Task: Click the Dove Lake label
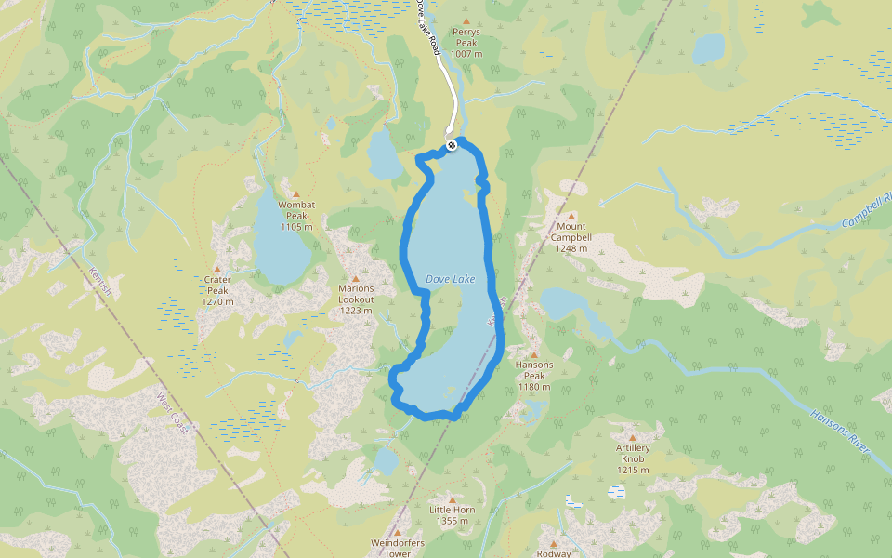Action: [450, 279]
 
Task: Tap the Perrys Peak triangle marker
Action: [466, 20]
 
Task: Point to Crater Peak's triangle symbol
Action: [217, 268]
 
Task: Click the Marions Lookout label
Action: [356, 294]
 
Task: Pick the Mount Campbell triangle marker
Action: [571, 216]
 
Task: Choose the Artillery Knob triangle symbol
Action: [633, 437]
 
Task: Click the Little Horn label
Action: [453, 510]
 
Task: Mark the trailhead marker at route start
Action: [451, 145]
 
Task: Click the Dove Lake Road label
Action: [428, 28]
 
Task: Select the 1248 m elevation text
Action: [571, 248]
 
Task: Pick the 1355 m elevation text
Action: [453, 521]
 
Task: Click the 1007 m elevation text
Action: [466, 54]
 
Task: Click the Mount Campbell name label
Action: [571, 232]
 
